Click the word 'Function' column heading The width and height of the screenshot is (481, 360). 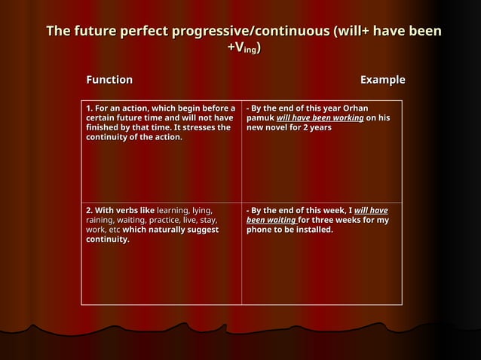pyautogui.click(x=109, y=80)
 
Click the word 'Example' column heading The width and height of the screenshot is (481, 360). pyautogui.click(x=382, y=80)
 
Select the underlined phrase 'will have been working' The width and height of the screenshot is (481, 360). pyautogui.click(x=320, y=118)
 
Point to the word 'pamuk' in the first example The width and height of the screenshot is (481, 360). pyautogui.click(x=260, y=118)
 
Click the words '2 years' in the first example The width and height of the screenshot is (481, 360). pyautogui.click(x=317, y=128)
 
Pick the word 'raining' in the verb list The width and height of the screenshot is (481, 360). pyautogui.click(x=103, y=220)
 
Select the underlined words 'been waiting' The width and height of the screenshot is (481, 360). pyautogui.click(x=271, y=220)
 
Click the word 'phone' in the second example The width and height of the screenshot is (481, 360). pyautogui.click(x=261, y=230)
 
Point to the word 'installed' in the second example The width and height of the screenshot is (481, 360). pyautogui.click(x=311, y=230)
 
